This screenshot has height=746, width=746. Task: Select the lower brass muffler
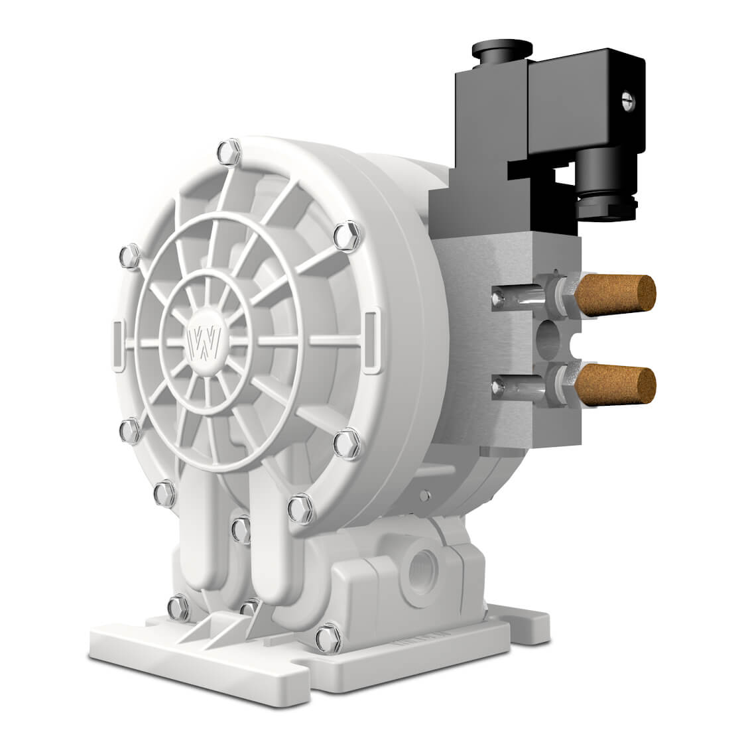coord(615,384)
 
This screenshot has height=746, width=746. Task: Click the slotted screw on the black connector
coord(628,101)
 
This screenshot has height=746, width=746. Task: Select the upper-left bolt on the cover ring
coord(129,255)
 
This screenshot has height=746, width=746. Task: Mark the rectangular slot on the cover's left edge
coord(117,344)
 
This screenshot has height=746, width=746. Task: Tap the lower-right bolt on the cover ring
coord(345,442)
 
